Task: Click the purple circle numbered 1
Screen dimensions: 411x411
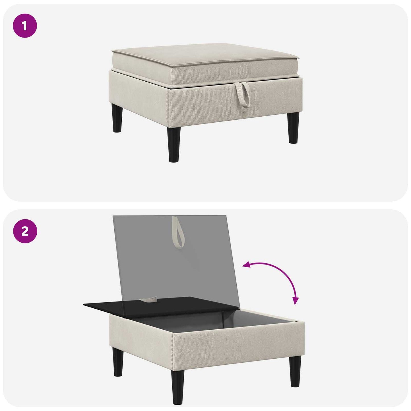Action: pyautogui.click(x=25, y=26)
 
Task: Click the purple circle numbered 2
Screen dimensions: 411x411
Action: pyautogui.click(x=25, y=231)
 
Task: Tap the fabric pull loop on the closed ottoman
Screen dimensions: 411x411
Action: pyautogui.click(x=242, y=95)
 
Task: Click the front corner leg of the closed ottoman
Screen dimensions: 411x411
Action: pyautogui.click(x=174, y=145)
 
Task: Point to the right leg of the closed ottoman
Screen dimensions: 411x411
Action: pyautogui.click(x=294, y=128)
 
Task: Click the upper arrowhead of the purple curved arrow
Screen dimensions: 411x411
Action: pyautogui.click(x=246, y=265)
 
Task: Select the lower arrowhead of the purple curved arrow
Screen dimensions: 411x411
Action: pyautogui.click(x=296, y=301)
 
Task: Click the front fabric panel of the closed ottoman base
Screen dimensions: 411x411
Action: pyautogui.click(x=236, y=104)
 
